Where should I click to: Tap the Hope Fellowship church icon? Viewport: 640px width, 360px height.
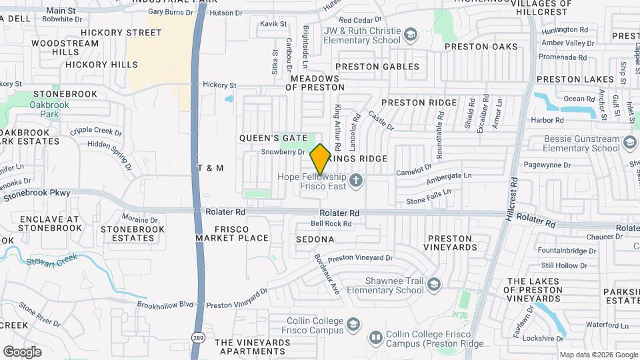coord(357,179)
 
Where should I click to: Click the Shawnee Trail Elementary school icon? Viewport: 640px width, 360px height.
coord(434,285)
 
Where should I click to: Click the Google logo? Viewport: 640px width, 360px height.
coord(22,351)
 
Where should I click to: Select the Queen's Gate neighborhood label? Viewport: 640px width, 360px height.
coord(273,137)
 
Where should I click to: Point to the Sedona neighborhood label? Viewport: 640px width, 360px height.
coord(315,239)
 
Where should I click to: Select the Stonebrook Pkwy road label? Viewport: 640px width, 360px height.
coord(37,195)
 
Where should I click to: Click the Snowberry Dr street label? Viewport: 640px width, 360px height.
coord(283,152)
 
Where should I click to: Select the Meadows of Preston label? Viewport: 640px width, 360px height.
coord(315,83)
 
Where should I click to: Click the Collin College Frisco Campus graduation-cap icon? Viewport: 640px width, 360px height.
coord(353,324)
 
